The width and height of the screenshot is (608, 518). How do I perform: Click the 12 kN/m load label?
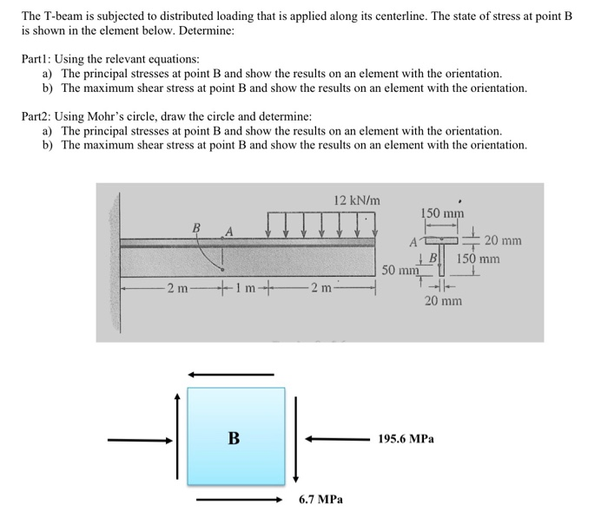(x=357, y=200)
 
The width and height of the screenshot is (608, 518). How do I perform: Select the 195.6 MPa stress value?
(x=406, y=439)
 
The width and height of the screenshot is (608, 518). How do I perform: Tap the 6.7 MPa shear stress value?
(x=321, y=500)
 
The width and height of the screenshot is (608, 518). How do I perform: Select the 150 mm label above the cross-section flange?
(x=442, y=213)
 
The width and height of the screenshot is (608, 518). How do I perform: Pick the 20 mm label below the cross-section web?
(x=442, y=301)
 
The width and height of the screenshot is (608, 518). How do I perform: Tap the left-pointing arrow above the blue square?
(x=231, y=375)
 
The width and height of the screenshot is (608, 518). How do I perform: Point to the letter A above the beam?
(x=229, y=231)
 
